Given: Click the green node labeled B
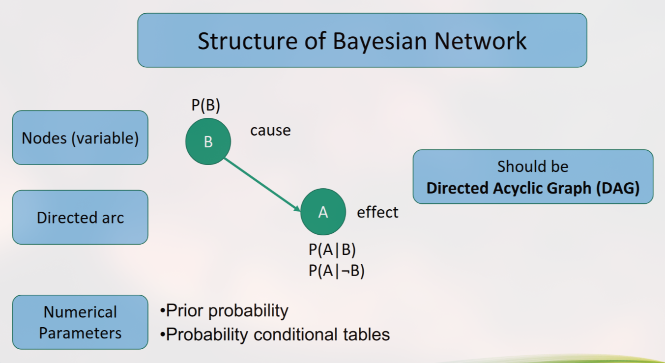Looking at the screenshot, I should click(x=208, y=141).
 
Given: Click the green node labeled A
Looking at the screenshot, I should click(x=323, y=212).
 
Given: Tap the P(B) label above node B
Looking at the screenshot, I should click(x=206, y=106).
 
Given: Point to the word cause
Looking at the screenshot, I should click(x=270, y=130).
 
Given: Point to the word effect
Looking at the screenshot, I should click(x=377, y=212).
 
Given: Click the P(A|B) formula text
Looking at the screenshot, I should click(x=332, y=250).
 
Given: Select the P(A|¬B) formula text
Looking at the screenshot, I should click(x=337, y=271).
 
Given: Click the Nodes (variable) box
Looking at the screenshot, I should click(x=80, y=138).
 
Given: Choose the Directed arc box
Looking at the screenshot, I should click(x=80, y=218).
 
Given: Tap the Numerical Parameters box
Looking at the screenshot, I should click(x=80, y=322).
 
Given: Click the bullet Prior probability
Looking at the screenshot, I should click(x=224, y=310).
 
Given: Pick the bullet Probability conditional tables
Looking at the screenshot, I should click(x=275, y=335).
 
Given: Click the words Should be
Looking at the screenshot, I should click(x=533, y=167).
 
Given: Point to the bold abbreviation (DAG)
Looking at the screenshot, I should click(x=617, y=188).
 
